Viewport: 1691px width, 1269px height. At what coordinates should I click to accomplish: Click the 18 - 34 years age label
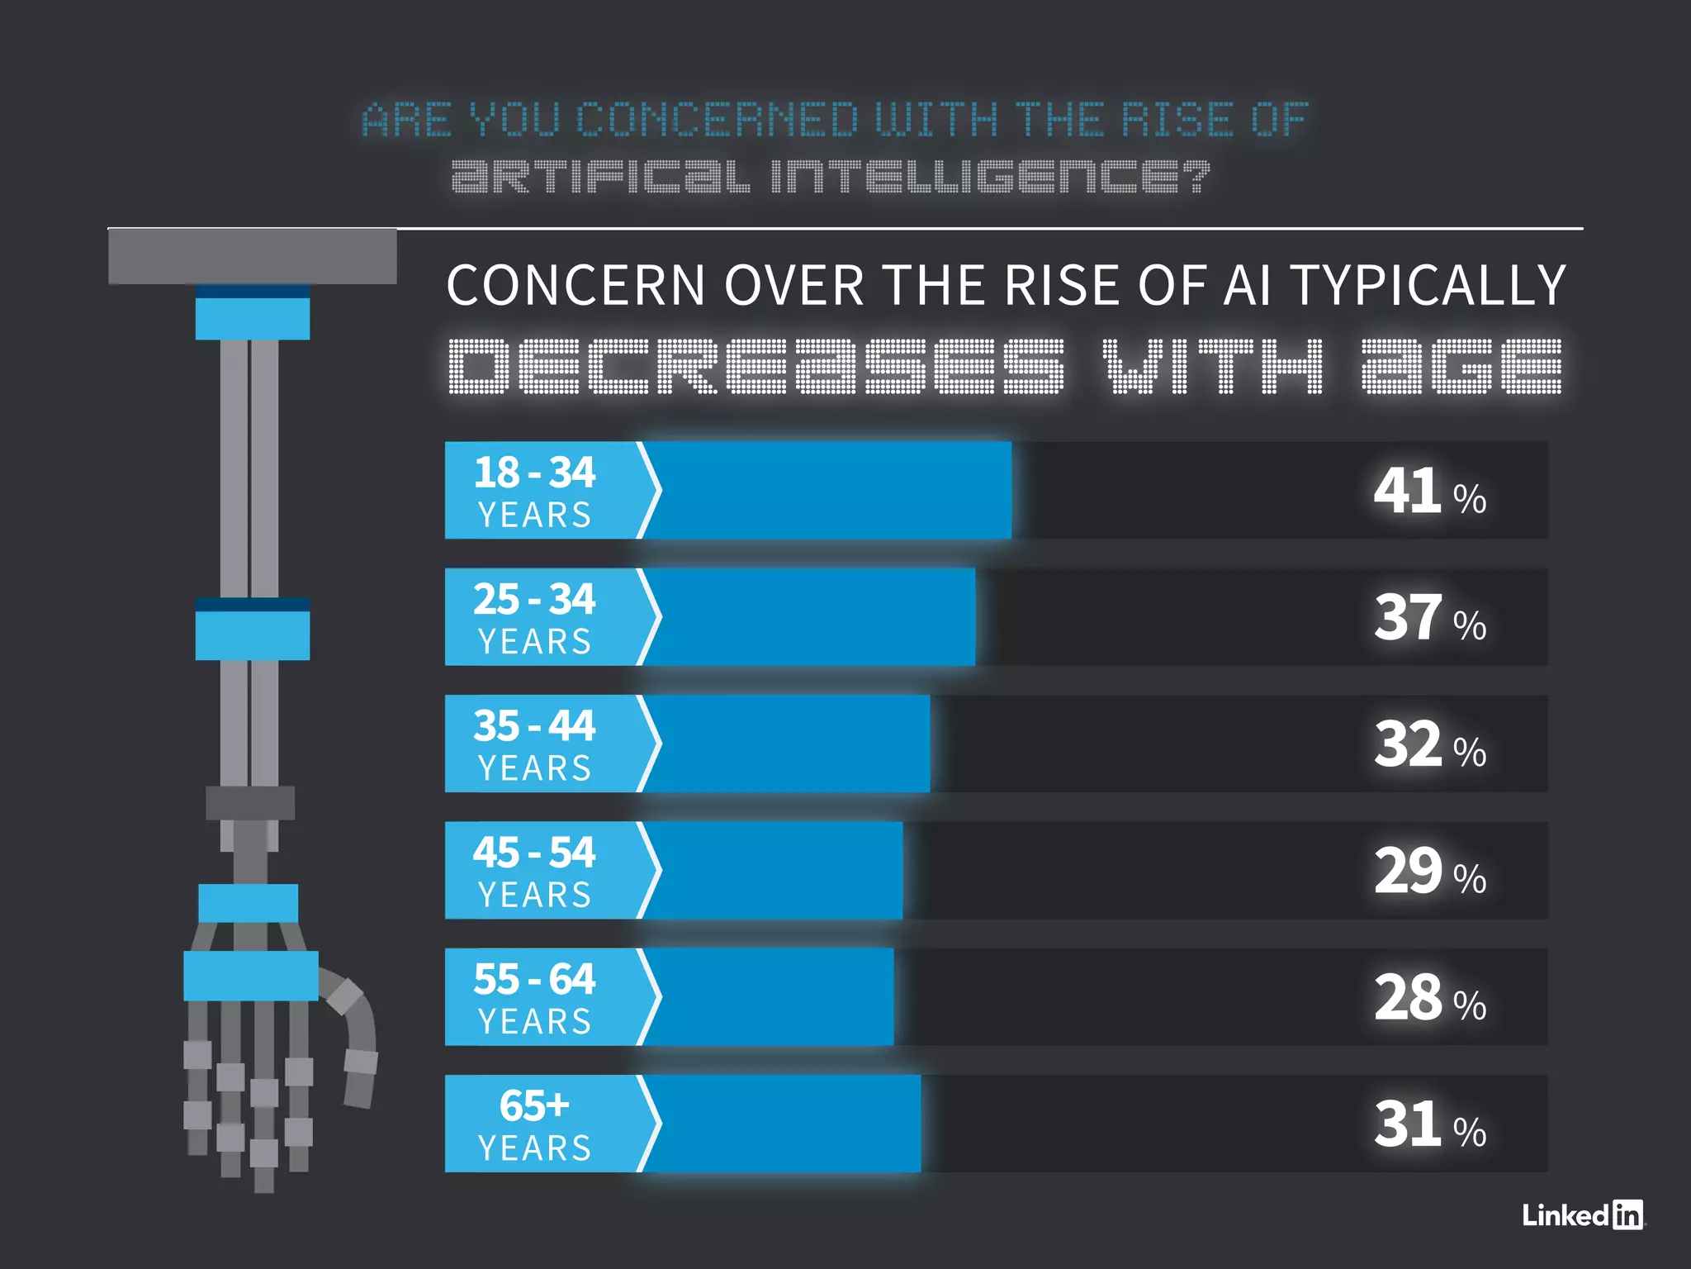click(x=535, y=491)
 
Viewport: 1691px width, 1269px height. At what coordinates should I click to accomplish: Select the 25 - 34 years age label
click(x=535, y=617)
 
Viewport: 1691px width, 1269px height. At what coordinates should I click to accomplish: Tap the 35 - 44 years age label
click(x=535, y=744)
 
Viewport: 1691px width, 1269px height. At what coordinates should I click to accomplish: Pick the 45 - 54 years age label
click(x=535, y=871)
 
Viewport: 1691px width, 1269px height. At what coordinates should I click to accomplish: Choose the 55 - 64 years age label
click(x=535, y=997)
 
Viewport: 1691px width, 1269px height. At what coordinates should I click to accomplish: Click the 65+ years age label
click(x=535, y=1124)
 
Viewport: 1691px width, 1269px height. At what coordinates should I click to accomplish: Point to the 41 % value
click(x=1429, y=492)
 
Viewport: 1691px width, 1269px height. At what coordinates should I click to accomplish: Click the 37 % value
click(x=1429, y=619)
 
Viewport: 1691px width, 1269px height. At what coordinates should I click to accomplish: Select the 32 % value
click(x=1429, y=745)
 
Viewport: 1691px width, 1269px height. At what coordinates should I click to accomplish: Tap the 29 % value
click(x=1429, y=872)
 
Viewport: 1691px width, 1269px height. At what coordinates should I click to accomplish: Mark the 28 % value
click(x=1429, y=999)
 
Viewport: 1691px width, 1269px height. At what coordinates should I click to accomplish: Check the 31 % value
click(x=1429, y=1125)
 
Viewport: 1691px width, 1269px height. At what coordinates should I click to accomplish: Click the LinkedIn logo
click(x=1582, y=1214)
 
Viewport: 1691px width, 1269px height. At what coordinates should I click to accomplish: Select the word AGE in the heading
click(x=1461, y=366)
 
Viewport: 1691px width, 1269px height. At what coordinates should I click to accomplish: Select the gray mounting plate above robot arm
click(x=253, y=257)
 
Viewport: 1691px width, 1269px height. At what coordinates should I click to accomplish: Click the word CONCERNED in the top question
click(x=718, y=121)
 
